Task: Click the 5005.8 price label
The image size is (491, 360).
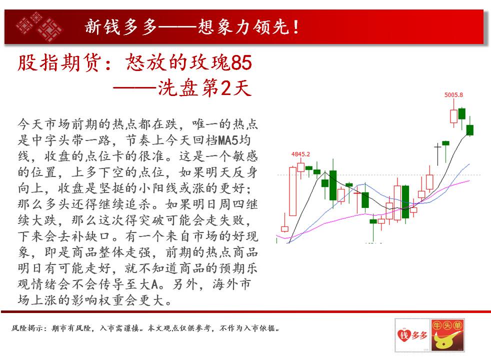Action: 453,95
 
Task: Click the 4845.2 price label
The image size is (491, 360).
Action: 300,154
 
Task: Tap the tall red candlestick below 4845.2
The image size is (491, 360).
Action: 293,191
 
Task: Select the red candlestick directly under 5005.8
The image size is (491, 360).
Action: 453,116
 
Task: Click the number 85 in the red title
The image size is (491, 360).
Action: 241,62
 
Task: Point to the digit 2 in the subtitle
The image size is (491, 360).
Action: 225,88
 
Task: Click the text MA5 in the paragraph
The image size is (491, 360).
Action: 228,140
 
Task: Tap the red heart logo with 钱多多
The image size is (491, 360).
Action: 412,335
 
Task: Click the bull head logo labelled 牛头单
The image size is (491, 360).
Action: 447,335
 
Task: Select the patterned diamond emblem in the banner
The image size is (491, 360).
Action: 39,27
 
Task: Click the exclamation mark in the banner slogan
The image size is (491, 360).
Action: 296,27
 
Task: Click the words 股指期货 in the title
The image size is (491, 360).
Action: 59,62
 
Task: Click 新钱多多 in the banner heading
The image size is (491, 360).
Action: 121,27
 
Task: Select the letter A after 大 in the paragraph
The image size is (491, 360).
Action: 154,284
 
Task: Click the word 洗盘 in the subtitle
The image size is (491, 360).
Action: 178,88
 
